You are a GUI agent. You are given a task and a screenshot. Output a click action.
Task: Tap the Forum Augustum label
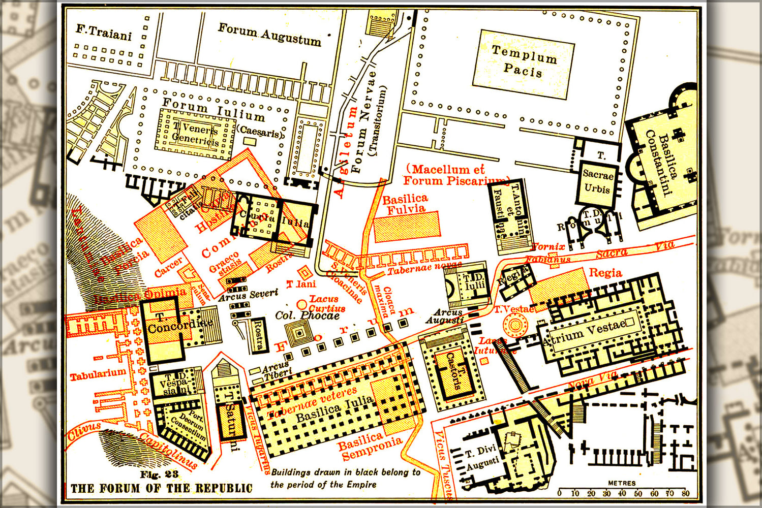pyautogui.click(x=269, y=34)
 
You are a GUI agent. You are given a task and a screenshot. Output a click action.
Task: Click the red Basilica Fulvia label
pyautogui.click(x=405, y=204)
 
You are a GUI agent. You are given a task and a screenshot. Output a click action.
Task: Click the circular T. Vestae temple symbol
pyautogui.click(x=515, y=324)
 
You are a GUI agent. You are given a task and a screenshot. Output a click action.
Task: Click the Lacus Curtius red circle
pyautogui.click(x=302, y=305)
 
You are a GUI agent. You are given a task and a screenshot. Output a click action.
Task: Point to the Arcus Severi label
pyautogui.click(x=249, y=295)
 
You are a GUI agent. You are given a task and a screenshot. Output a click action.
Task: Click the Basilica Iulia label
pyautogui.click(x=334, y=409)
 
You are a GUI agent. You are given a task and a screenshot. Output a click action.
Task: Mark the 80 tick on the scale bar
pyautogui.click(x=686, y=492)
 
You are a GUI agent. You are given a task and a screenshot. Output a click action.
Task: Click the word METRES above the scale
pyautogui.click(x=622, y=483)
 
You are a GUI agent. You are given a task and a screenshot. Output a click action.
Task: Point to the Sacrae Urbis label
pyautogui.click(x=598, y=181)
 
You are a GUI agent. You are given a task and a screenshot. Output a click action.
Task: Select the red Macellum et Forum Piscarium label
pyautogui.click(x=455, y=175)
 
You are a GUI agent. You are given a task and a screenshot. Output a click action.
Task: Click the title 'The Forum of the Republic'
pyautogui.click(x=161, y=489)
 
